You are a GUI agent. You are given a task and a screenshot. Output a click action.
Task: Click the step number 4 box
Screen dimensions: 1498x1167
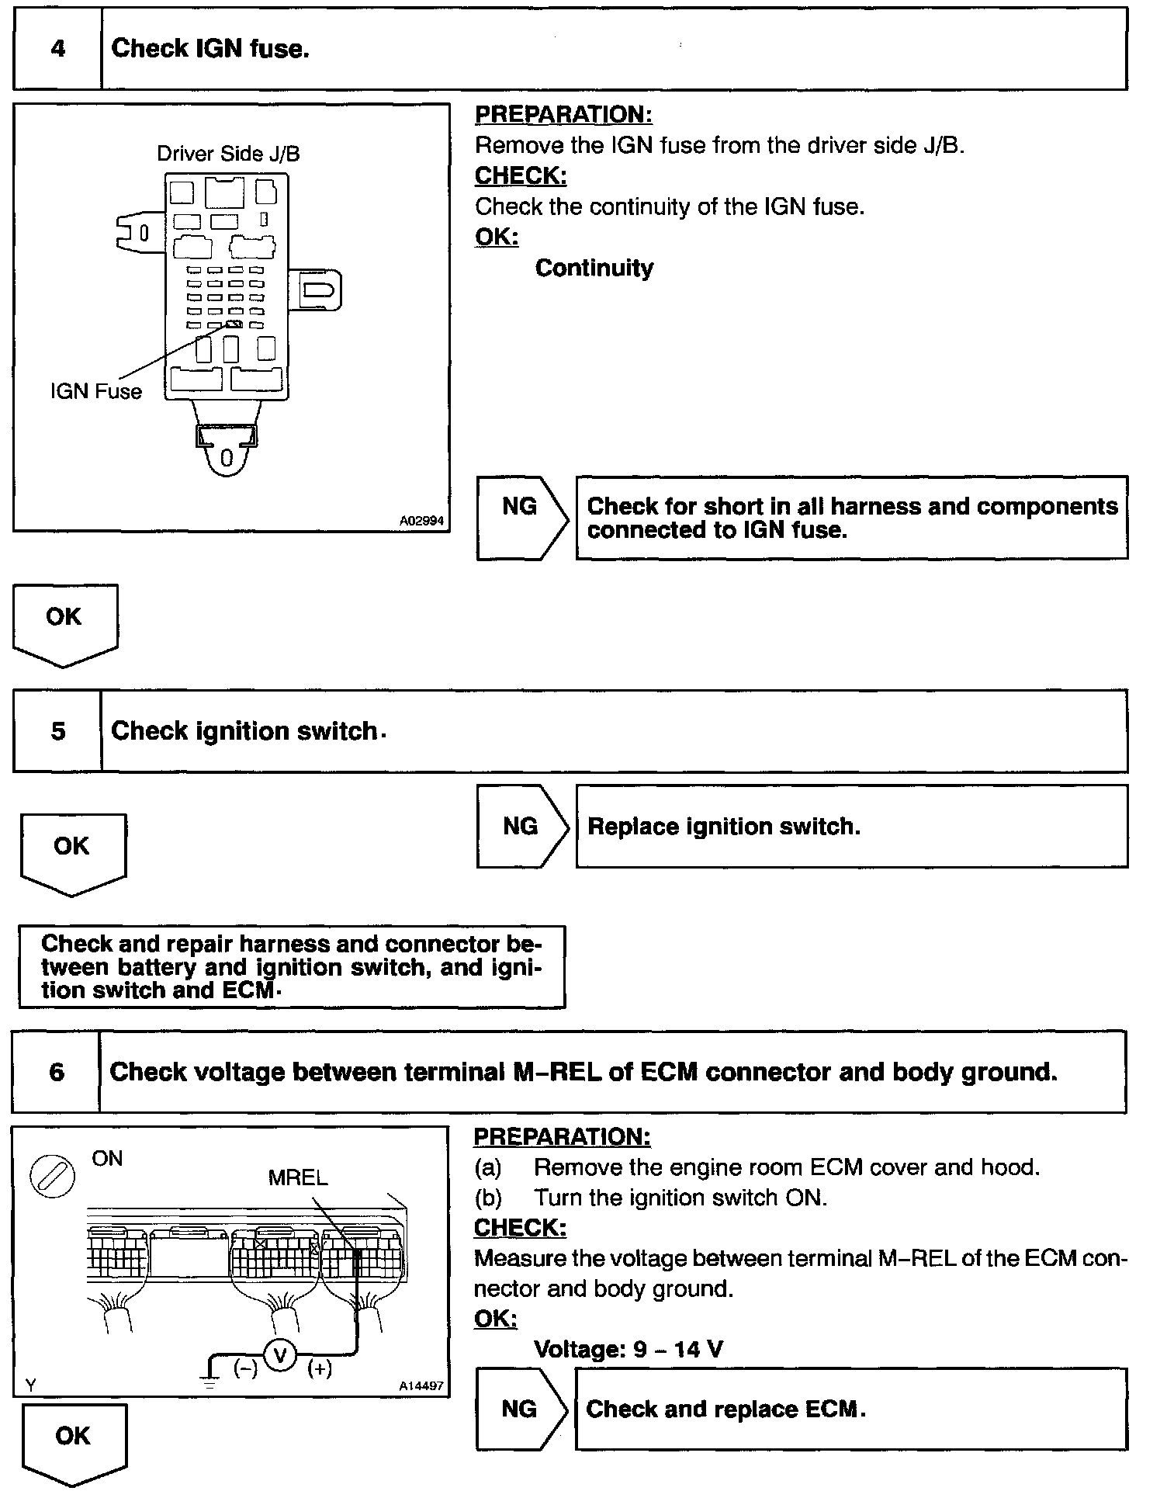pyautogui.click(x=58, y=49)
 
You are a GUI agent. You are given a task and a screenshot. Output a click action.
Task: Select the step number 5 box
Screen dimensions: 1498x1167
pyautogui.click(x=58, y=731)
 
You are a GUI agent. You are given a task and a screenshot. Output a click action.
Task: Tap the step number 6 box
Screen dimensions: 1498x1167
pyautogui.click(x=57, y=1072)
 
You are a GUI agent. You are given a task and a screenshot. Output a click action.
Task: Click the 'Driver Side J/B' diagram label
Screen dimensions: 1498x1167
pyautogui.click(x=228, y=154)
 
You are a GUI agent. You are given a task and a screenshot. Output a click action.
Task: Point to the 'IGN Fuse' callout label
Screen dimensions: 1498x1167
pyautogui.click(x=96, y=391)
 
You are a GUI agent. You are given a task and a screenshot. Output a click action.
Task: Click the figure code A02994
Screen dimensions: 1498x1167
pyautogui.click(x=421, y=521)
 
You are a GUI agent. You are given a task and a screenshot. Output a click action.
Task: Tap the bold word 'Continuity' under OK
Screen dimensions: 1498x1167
pyautogui.click(x=594, y=269)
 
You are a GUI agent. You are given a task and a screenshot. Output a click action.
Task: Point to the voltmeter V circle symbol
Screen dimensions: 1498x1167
pyautogui.click(x=281, y=1356)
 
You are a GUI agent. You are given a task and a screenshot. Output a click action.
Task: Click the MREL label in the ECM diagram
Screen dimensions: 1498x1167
pyautogui.click(x=298, y=1177)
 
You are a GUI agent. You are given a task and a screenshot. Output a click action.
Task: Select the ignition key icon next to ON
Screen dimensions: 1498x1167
pyautogui.click(x=52, y=1177)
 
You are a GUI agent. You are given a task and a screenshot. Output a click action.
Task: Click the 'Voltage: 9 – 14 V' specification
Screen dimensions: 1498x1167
pyautogui.click(x=629, y=1349)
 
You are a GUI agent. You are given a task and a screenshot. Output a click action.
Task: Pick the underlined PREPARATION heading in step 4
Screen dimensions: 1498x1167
pyautogui.click(x=563, y=115)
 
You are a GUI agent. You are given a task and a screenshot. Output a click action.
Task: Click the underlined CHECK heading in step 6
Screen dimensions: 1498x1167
pyautogui.click(x=520, y=1228)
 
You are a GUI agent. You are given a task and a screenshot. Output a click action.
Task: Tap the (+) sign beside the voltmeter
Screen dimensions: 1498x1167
pyautogui.click(x=320, y=1368)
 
